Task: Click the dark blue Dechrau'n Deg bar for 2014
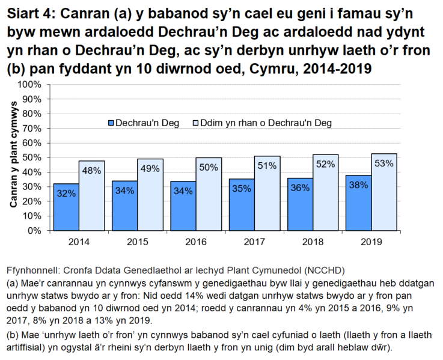66,207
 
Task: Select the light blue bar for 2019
383,192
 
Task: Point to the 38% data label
358,186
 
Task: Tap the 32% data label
66,193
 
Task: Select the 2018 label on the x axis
313,241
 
